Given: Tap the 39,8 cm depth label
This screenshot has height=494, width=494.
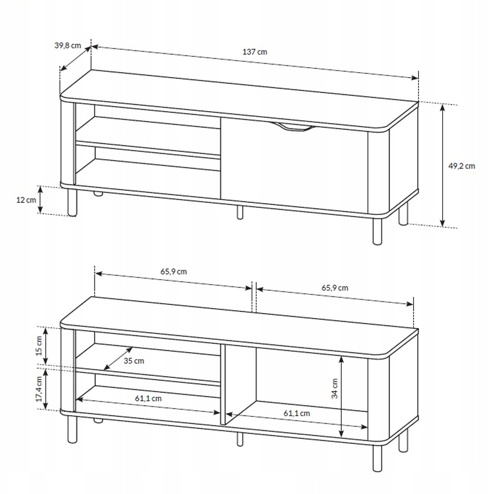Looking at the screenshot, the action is (x=68, y=45).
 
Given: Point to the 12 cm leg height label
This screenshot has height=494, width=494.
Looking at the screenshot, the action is (x=26, y=200).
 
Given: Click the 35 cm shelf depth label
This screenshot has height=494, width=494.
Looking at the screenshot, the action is (x=134, y=361).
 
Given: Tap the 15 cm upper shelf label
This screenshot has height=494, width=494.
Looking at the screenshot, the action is (x=39, y=346).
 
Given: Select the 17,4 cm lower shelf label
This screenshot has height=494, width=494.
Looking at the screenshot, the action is (x=39, y=389).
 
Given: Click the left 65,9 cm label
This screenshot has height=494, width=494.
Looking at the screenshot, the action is (x=173, y=271).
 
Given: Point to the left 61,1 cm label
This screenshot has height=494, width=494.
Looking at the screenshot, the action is (x=148, y=398).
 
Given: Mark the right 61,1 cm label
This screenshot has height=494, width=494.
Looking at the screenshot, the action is (x=296, y=413).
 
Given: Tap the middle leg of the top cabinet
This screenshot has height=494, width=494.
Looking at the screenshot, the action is (x=240, y=212).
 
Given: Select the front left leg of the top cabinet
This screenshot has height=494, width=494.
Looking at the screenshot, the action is (x=72, y=203).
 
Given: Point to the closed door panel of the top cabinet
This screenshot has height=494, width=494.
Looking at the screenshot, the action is (x=294, y=165).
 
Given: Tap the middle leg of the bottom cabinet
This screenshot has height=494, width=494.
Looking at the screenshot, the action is (x=240, y=439).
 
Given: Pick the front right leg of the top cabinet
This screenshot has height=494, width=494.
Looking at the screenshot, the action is (x=377, y=231).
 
